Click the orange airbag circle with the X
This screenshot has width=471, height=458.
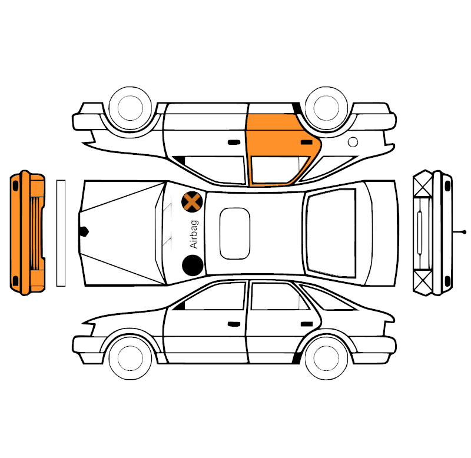point(192,202)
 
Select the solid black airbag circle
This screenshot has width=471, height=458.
point(193,265)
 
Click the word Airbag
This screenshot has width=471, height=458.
point(194,234)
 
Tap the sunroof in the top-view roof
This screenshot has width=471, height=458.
point(234,233)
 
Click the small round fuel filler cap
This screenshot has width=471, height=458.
point(353,142)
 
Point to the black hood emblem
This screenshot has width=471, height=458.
point(84,231)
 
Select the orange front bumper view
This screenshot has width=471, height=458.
point(27,233)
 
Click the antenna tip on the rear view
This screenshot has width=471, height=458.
point(465,232)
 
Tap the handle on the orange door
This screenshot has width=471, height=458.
point(307,142)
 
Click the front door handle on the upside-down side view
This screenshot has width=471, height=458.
point(234,142)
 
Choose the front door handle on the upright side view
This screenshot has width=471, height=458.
point(234,324)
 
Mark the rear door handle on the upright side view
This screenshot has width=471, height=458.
point(307,324)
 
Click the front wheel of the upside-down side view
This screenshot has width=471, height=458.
point(130,108)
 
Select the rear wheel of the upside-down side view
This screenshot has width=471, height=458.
point(326,108)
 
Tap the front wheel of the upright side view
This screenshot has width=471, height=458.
point(130,358)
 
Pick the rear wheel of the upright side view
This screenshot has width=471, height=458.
point(326,358)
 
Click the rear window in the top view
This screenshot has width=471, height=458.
point(331,233)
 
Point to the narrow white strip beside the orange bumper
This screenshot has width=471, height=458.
point(61,233)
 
